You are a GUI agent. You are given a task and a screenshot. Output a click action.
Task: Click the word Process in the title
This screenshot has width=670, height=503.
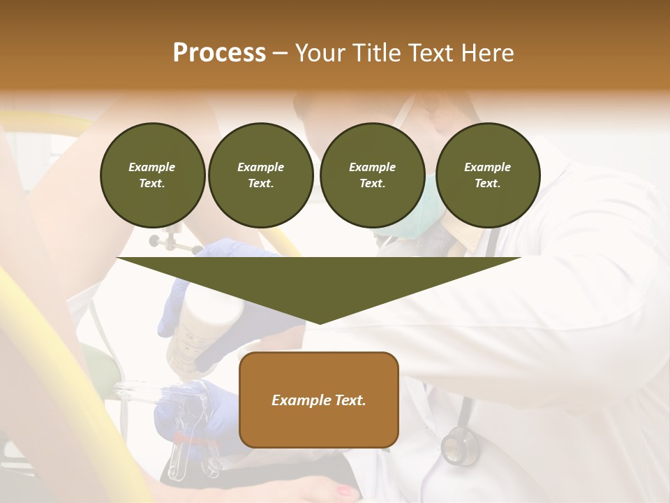pyautogui.click(x=219, y=53)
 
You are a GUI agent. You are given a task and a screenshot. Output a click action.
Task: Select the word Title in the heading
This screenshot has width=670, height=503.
pyautogui.click(x=380, y=53)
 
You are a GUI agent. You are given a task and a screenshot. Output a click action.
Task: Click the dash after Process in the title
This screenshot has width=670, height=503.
pyautogui.click(x=281, y=54)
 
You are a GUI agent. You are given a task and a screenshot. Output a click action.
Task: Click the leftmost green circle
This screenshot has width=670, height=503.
pyautogui.click(x=152, y=175)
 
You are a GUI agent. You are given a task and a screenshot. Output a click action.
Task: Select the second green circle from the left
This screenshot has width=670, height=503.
pyautogui.click(x=260, y=175)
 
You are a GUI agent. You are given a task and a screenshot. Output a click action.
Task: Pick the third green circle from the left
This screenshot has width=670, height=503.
pyautogui.click(x=372, y=175)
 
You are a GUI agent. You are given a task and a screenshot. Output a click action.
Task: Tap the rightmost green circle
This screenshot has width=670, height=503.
pyautogui.click(x=487, y=175)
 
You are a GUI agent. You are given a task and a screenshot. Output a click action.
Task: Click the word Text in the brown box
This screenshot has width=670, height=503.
pyautogui.click(x=349, y=400)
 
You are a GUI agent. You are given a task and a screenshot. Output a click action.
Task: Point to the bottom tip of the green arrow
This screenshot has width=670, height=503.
pyautogui.click(x=319, y=323)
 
